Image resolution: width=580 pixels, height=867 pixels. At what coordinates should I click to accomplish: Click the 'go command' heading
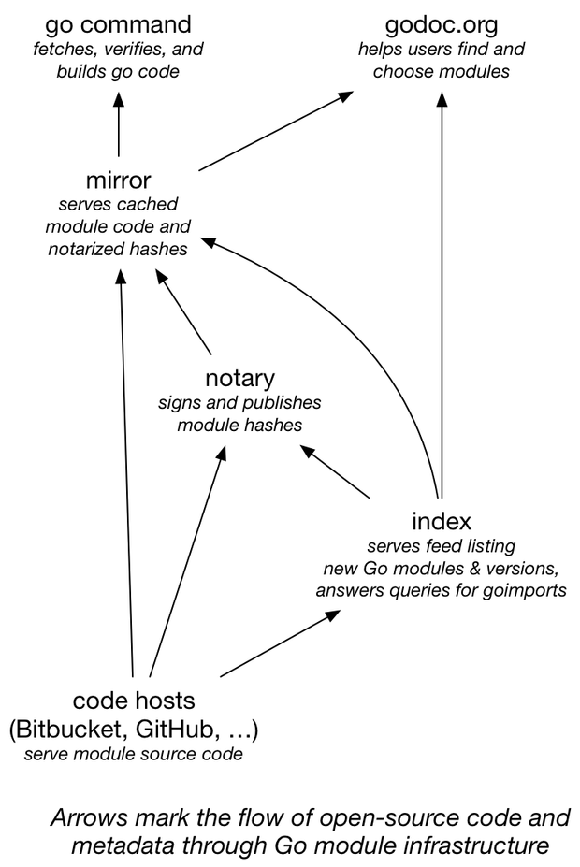pyautogui.click(x=118, y=23)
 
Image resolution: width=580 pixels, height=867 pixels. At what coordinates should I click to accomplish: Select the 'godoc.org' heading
pyautogui.click(x=442, y=23)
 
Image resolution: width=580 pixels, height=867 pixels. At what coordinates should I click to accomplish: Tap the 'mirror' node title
pyautogui.click(x=118, y=180)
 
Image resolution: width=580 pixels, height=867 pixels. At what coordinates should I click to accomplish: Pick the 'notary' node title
pyautogui.click(x=239, y=379)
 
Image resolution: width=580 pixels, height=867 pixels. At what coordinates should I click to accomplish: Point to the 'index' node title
pyautogui.click(x=441, y=521)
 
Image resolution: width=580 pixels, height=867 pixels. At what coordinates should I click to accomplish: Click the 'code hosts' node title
pyautogui.click(x=134, y=701)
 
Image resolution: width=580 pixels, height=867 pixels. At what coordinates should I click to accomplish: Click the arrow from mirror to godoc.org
pyautogui.click(x=276, y=131)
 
